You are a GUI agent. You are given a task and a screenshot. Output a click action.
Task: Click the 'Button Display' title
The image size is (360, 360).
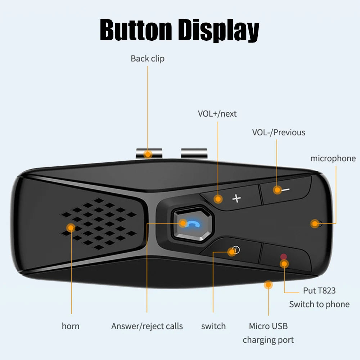[179, 31]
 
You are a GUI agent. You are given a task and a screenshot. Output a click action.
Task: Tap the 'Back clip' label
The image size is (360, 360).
[148, 59]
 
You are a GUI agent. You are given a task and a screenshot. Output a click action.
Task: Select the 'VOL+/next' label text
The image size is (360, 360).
[217, 114]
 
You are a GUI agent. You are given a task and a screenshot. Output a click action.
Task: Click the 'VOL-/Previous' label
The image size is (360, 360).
[278, 132]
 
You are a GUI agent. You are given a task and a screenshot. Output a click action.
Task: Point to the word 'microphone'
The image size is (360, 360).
[333, 158]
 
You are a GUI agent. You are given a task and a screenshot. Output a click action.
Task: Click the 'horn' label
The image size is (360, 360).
[71, 326]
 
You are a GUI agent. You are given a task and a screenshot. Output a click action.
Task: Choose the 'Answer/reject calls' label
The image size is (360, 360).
[147, 326]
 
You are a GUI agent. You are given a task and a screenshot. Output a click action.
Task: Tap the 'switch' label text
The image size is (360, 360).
[213, 326]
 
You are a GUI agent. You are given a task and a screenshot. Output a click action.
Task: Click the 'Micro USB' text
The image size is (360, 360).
[268, 326]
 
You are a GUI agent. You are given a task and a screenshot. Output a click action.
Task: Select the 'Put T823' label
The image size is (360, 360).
[319, 291]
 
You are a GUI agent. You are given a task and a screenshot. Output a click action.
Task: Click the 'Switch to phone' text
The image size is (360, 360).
[319, 304]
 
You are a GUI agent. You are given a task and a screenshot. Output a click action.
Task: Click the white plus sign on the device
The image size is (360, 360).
[237, 198]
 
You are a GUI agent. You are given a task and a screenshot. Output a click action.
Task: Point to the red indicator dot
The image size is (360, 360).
[284, 257]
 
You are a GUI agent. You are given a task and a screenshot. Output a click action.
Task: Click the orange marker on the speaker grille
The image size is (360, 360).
[71, 228]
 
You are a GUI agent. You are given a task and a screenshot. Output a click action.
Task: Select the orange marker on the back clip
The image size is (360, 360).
[148, 154]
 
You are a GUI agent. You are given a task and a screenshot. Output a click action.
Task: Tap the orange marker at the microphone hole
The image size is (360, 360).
[315, 224]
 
